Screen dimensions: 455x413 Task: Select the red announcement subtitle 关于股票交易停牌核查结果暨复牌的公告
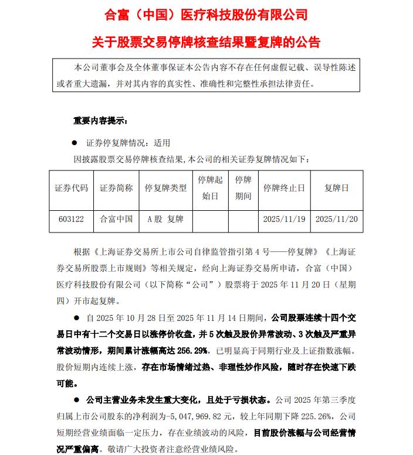pyautogui.click(x=206, y=42)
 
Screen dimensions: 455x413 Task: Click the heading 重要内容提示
pyautogui.click(x=100, y=121)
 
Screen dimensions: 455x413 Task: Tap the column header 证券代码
pyautogui.click(x=72, y=188)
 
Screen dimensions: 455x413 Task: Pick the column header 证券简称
pyautogui.click(x=116, y=188)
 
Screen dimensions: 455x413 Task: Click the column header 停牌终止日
pyautogui.click(x=284, y=188)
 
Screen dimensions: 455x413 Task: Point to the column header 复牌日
pyautogui.click(x=336, y=188)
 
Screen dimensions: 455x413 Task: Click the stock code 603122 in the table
pyautogui.click(x=72, y=219)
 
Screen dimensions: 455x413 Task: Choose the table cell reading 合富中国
pyautogui.click(x=116, y=219)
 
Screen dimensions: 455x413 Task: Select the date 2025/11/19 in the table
pyautogui.click(x=284, y=219)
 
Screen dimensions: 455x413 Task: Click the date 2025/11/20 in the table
pyautogui.click(x=336, y=219)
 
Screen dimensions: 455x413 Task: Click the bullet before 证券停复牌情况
pyautogui.click(x=75, y=142)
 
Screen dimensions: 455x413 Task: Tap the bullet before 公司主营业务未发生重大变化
pyautogui.click(x=76, y=401)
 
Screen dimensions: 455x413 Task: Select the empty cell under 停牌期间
pyautogui.click(x=243, y=219)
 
